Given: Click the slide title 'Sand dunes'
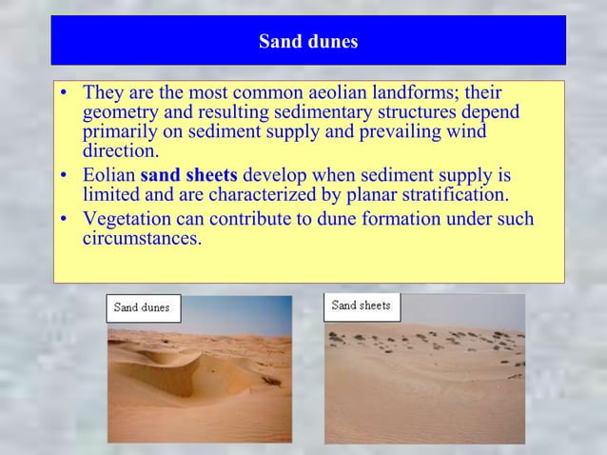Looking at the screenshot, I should (308, 42).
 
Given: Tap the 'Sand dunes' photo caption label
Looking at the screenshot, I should (142, 307).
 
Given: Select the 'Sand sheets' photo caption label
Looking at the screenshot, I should (362, 306).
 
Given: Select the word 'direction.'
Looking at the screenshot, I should (121, 151).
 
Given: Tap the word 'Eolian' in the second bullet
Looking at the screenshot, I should (108, 176).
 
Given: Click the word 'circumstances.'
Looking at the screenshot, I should (142, 239).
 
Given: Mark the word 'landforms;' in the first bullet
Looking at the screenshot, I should (426, 94).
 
